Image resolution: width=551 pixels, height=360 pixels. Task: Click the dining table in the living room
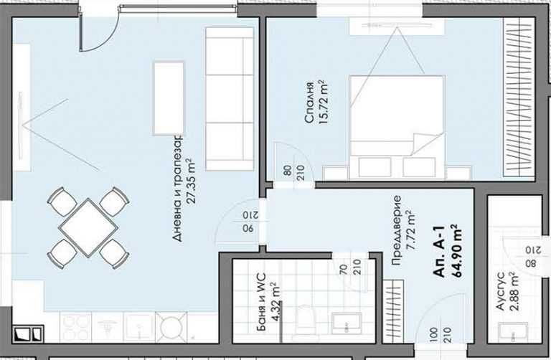point(88,227)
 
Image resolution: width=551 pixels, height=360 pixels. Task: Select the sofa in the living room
point(230,99)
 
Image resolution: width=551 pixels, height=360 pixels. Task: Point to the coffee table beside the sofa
point(169,98)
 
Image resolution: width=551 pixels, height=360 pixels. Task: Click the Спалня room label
point(309,103)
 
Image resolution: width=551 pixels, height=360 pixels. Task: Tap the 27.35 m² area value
point(191,181)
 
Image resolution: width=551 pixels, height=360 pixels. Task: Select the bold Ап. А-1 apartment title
point(440,252)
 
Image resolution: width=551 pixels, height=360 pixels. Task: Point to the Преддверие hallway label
point(396,230)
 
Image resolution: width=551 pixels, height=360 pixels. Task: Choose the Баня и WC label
point(261,303)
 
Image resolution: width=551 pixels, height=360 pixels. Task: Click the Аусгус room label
point(500,291)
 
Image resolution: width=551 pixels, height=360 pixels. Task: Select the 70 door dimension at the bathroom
point(344,269)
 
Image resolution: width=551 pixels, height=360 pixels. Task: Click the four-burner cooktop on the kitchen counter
point(75,327)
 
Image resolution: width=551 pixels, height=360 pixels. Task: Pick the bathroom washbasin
point(346,323)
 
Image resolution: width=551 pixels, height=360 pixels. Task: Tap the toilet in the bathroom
point(306,321)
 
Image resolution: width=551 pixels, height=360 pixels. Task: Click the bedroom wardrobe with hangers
point(519,96)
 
